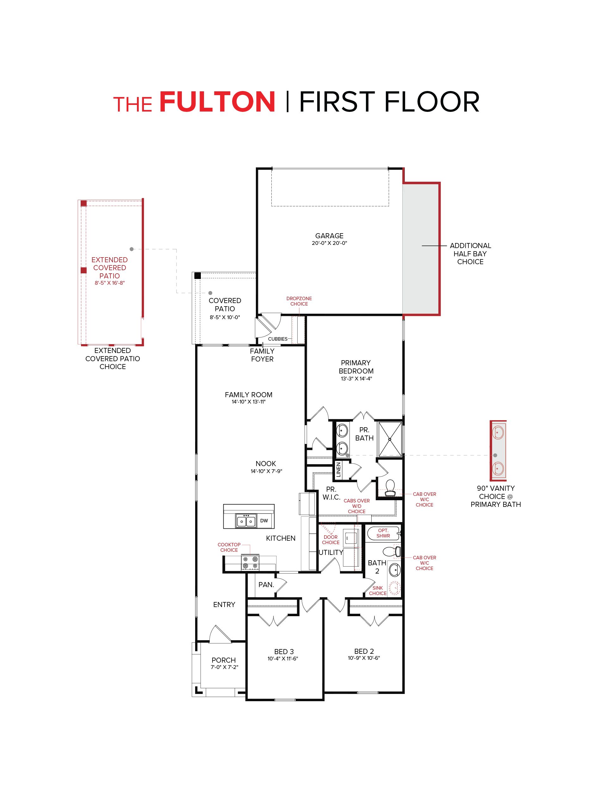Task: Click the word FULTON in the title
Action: [217, 102]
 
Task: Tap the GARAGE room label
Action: [329, 236]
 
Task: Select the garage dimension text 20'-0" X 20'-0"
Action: [329, 243]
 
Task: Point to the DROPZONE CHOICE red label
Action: [299, 301]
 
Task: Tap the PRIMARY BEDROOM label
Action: [356, 367]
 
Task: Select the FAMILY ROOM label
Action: [248, 395]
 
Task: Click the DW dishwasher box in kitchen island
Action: [264, 521]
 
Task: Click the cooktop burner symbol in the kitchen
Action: [250, 562]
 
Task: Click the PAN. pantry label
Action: [266, 585]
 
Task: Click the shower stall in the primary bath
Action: [390, 439]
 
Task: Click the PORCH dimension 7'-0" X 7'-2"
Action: [224, 667]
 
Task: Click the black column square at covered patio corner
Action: [197, 276]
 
